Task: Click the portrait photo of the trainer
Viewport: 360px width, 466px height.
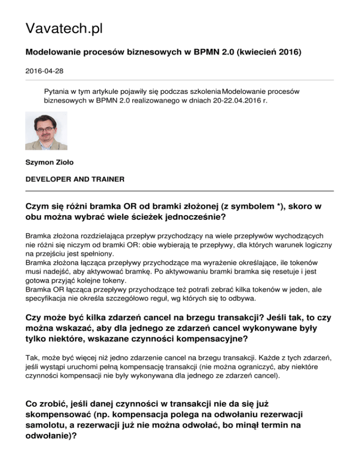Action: (46, 130)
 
